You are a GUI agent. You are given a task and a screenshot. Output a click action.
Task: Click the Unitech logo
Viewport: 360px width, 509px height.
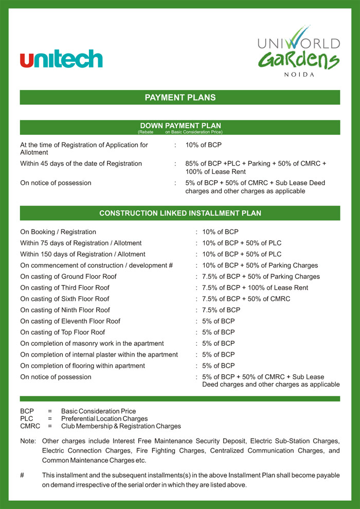(61, 59)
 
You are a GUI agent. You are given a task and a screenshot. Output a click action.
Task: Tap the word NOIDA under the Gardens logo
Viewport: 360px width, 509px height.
(298, 75)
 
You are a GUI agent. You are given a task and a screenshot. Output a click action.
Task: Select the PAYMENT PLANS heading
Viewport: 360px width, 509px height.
(180, 97)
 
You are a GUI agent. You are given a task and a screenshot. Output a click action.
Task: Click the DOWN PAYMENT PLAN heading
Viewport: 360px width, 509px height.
(180, 126)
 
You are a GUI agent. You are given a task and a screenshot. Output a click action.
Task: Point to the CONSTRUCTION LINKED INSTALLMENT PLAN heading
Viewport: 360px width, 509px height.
(180, 213)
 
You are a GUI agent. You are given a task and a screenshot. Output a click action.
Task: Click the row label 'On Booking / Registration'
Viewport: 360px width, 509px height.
(58, 232)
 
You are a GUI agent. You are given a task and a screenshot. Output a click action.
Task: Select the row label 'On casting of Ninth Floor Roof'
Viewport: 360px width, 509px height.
(65, 310)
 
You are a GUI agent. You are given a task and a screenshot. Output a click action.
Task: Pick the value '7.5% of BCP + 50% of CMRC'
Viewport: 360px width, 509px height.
(246, 299)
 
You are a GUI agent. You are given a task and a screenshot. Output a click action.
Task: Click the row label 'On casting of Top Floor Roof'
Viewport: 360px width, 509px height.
(63, 332)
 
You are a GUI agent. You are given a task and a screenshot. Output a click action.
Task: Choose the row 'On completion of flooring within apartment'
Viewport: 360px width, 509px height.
(82, 365)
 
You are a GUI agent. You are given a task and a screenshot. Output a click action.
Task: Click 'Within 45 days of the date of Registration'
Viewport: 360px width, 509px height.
(81, 164)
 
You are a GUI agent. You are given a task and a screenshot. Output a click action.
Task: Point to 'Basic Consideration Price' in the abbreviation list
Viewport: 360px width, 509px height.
(98, 411)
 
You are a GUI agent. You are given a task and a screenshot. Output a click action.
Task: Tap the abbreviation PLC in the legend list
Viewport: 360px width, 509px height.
(27, 419)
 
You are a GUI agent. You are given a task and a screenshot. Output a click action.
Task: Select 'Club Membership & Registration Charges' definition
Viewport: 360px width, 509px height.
(121, 426)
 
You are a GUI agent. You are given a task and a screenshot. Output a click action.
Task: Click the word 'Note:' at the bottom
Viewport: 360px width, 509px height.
(28, 441)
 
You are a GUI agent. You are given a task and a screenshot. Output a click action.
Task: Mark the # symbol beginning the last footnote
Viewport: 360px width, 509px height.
(22, 475)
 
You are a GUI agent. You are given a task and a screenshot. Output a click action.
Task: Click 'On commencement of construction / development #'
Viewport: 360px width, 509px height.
(96, 265)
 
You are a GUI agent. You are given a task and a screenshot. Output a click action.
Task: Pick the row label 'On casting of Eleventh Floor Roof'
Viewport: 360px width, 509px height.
(70, 321)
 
